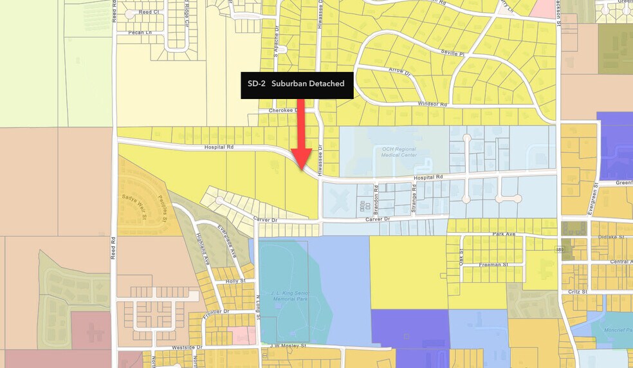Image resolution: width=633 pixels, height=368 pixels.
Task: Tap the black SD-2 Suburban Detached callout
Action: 297,84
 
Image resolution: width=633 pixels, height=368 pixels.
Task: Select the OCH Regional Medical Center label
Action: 399,152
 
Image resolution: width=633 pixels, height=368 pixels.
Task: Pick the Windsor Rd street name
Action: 432,104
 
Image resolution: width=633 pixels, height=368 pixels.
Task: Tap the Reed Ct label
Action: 149,12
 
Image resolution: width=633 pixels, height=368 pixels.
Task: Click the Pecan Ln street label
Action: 140,32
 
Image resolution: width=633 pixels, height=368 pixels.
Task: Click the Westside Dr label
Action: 187,347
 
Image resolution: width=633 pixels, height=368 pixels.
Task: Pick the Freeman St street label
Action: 493,264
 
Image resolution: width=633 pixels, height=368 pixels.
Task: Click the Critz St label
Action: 577,291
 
